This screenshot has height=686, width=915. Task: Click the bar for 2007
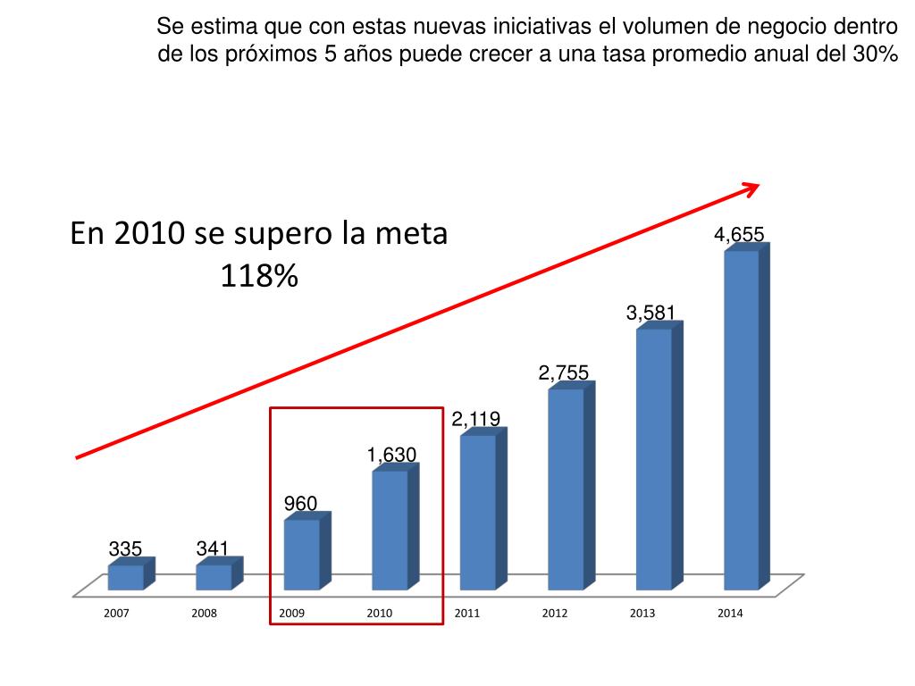coord(126,577)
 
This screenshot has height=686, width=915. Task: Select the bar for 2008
coord(214,577)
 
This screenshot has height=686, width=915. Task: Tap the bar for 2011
coord(478,512)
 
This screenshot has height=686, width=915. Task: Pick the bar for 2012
coord(566,489)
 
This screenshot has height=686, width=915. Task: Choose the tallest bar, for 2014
coord(742,420)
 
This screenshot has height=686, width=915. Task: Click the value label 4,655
coord(738,235)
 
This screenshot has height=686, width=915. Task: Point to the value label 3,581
coord(651,313)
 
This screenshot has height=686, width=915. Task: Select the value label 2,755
coord(563,373)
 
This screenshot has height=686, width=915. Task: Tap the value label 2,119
coord(475,419)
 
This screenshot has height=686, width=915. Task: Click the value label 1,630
coord(391,456)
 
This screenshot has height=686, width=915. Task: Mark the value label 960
coord(300,504)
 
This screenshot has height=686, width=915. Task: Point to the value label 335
coord(125,548)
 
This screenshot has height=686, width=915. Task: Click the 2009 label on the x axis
coord(291,614)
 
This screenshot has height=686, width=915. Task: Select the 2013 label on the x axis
coord(642,614)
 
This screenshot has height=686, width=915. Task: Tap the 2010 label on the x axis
coord(379,614)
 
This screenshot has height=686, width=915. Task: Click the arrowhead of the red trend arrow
coord(751,188)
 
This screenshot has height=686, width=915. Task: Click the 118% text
coord(258,277)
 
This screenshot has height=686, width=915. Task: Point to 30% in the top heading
coord(875,54)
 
